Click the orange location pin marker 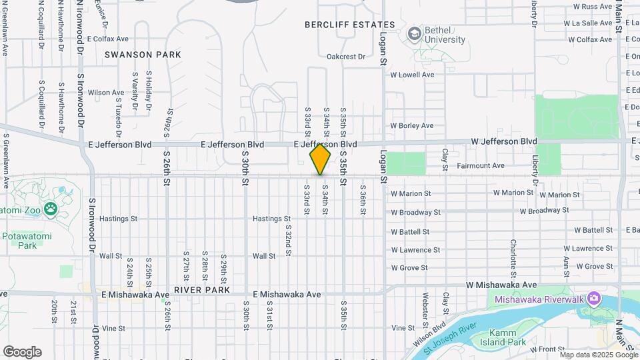pos(320,160)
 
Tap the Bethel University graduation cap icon pos(415,33)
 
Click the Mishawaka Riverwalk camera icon pos(593,299)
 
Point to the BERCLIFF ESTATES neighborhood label pos(350,25)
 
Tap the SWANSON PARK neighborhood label pos(142,55)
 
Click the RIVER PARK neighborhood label pos(202,291)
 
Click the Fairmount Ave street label pos(481,165)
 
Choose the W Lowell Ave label pos(412,75)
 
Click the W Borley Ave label pos(412,125)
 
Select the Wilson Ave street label pos(106,93)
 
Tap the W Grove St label pos(409,268)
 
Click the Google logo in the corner pos(22,352)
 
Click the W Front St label pos(547,349)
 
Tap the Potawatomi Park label pos(27,241)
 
